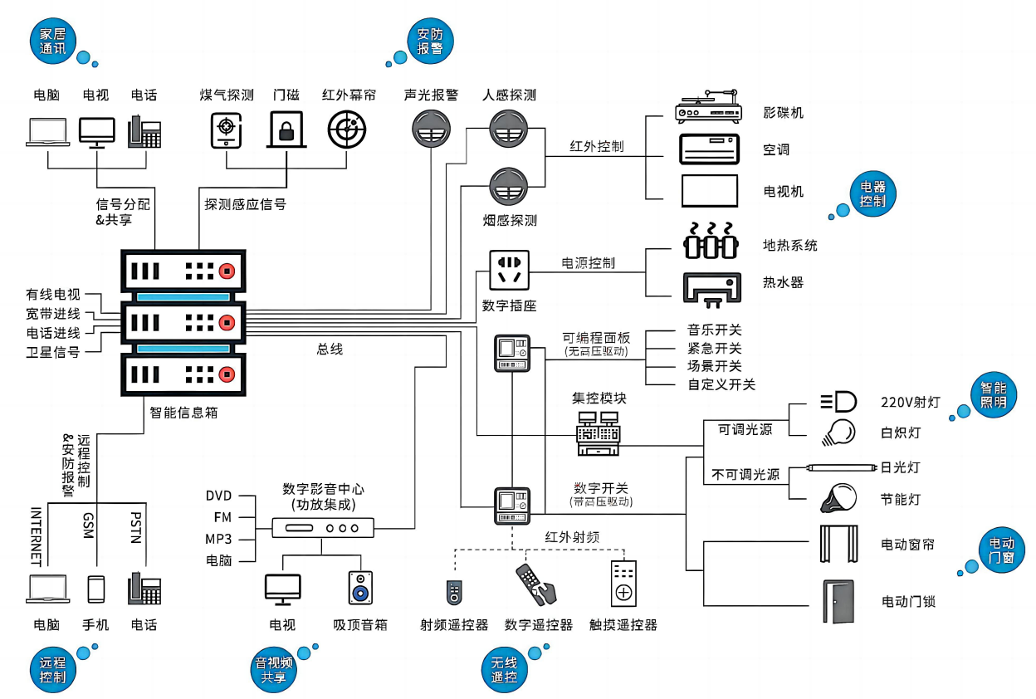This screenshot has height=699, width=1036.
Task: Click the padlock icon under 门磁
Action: point(286,129)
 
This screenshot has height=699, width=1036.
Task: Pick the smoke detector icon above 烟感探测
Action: point(509,187)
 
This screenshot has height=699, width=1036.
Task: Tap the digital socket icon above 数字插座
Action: point(509,270)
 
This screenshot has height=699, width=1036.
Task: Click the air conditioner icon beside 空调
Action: point(709,149)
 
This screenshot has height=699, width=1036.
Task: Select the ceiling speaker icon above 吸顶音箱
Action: point(360,587)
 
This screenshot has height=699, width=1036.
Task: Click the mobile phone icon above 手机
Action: point(96,589)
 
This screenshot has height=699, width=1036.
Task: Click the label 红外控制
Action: point(596,147)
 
